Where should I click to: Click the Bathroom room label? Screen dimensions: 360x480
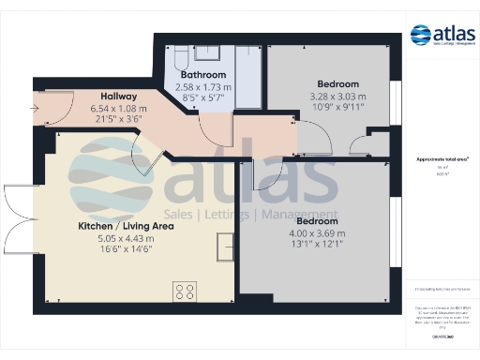203,73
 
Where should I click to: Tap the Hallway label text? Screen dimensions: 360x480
119,96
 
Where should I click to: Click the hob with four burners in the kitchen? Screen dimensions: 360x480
183,292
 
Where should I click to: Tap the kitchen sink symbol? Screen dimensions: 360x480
225,247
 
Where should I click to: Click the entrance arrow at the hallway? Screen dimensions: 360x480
36,109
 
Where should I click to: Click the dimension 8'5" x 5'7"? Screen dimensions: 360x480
203,97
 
